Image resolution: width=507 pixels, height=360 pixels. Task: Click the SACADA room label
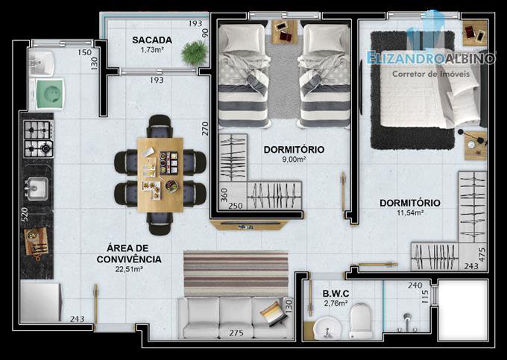(151, 40)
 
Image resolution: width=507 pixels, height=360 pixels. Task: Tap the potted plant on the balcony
(195, 52)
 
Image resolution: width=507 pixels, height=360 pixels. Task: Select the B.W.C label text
(336, 294)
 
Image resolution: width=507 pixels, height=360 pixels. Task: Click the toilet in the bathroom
(361, 320)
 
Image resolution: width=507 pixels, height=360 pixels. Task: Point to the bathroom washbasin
(327, 328)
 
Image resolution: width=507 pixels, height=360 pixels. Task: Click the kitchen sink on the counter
(37, 188)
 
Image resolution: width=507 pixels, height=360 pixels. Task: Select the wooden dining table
(160, 175)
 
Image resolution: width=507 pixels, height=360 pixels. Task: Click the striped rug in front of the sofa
(236, 273)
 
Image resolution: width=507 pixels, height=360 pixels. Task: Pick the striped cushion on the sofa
(274, 313)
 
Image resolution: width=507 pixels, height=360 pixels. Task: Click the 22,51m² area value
(129, 269)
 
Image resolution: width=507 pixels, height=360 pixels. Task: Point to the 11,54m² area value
(410, 212)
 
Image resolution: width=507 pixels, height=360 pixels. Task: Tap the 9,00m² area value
(294, 159)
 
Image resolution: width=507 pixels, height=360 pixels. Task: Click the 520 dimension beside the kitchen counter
(25, 214)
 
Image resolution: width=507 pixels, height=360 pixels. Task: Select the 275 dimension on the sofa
(236, 333)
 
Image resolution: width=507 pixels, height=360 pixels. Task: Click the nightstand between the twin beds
(285, 31)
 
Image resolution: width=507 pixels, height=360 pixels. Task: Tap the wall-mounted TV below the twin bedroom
(248, 225)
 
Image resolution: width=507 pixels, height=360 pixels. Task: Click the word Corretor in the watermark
(407, 74)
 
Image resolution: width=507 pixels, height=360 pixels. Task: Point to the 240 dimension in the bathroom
(415, 285)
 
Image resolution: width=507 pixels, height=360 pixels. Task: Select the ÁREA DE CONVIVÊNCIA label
(129, 253)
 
